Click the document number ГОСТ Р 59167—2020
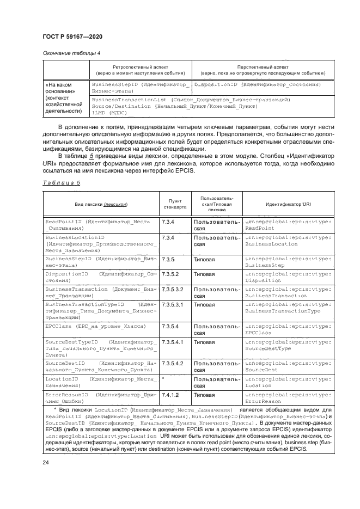coord(72,36)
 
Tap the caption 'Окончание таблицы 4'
coord(71,53)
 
